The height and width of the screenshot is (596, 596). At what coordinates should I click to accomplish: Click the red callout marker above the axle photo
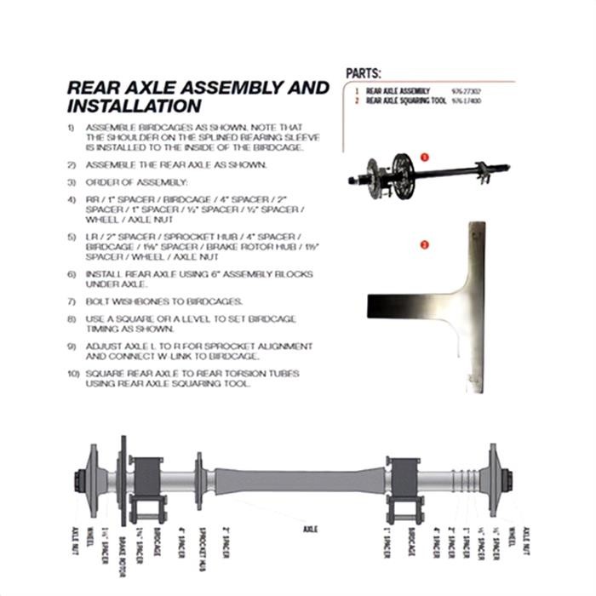(425, 158)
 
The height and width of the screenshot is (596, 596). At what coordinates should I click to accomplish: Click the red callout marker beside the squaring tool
(425, 246)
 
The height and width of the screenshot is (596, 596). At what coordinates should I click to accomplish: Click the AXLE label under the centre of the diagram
(310, 530)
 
